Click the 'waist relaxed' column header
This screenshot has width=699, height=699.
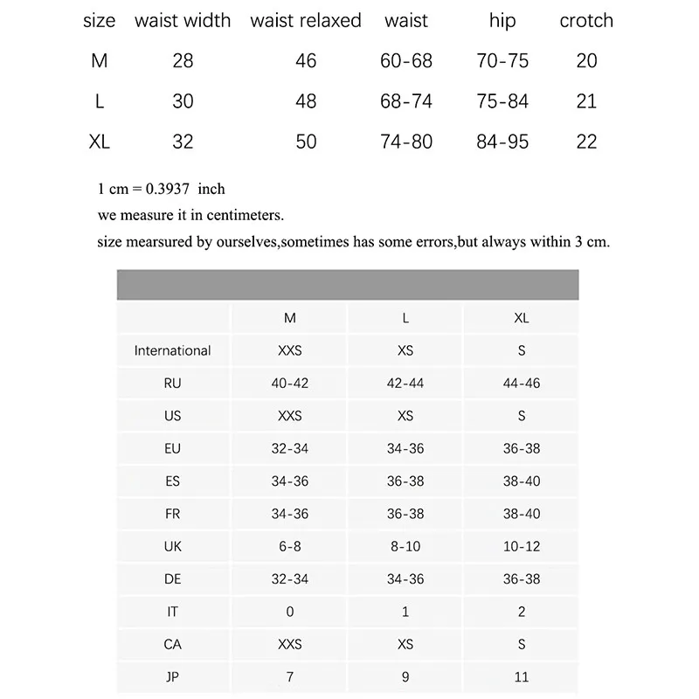point(306,21)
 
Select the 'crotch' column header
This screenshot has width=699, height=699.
point(586,21)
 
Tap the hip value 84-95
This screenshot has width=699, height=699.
point(502,142)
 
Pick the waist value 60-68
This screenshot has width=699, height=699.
point(406,61)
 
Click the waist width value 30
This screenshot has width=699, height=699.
point(183,101)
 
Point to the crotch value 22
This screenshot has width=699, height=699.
point(586,142)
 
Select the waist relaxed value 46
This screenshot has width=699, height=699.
point(306,61)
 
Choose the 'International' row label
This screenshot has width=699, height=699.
point(172,350)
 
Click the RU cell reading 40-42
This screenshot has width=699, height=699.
point(290,384)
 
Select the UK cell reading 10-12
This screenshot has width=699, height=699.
point(522,547)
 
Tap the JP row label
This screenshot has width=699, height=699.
point(172,677)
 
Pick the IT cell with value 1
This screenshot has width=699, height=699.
point(405,612)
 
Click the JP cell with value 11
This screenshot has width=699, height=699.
point(522,677)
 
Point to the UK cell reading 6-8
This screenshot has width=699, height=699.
point(290,547)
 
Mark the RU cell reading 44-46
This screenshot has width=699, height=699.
point(522,384)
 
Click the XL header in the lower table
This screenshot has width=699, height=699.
point(522,318)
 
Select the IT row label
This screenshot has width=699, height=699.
point(172,612)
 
